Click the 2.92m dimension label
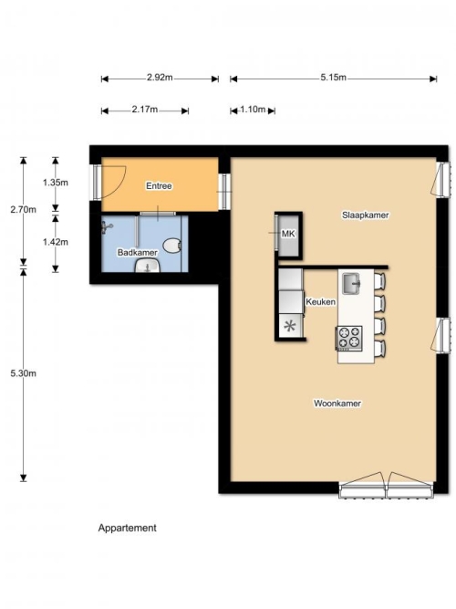(x=160, y=78)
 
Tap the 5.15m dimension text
(x=333, y=78)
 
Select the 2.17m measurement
(x=145, y=110)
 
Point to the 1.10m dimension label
(x=253, y=110)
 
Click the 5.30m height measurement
(x=24, y=373)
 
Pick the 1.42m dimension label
(x=56, y=242)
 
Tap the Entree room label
(x=159, y=186)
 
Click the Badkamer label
(x=138, y=252)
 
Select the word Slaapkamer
(x=365, y=215)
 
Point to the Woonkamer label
(x=337, y=404)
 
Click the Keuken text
(x=320, y=302)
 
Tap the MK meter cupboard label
(x=288, y=234)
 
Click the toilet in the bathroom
(x=172, y=246)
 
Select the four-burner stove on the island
(x=349, y=338)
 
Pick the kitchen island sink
(x=351, y=284)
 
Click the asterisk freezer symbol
(x=290, y=326)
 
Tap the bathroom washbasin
(x=148, y=266)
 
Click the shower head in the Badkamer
(x=107, y=227)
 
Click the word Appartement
(x=128, y=528)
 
